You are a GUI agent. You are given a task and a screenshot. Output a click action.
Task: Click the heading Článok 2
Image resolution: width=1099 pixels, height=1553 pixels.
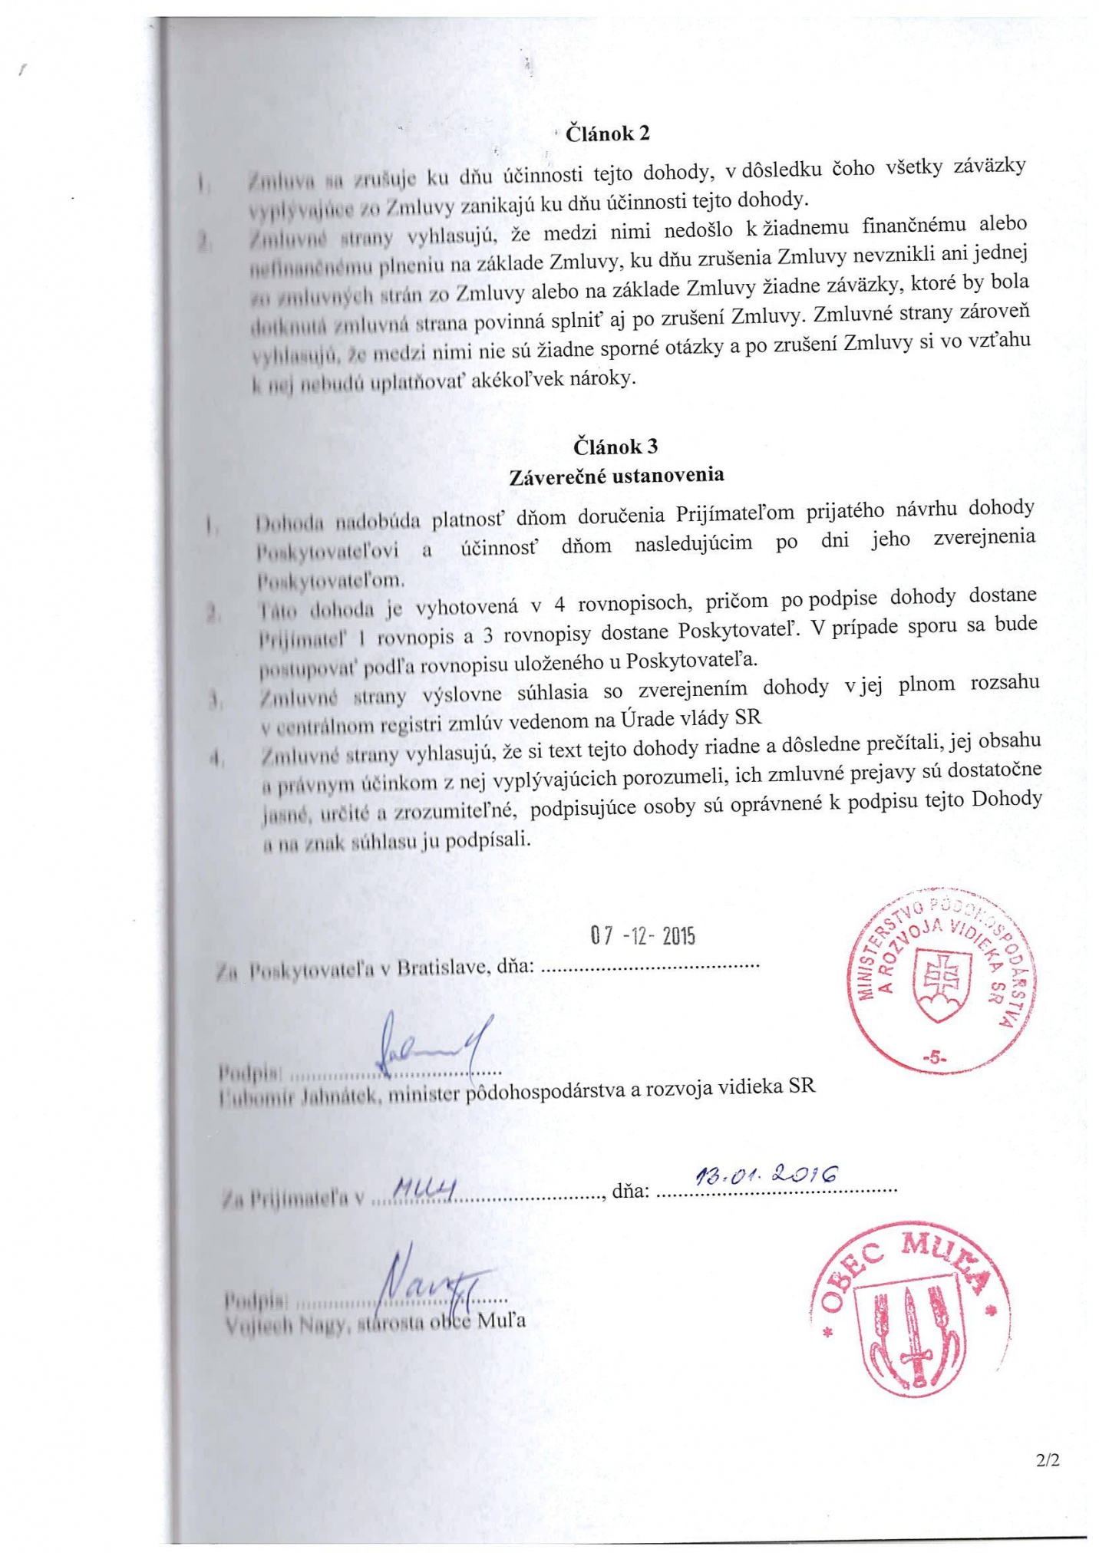click(607, 134)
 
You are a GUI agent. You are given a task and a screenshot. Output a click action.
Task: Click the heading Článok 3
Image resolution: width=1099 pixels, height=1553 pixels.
click(616, 447)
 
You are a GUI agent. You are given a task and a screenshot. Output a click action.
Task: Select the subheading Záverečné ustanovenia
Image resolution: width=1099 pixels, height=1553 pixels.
click(617, 476)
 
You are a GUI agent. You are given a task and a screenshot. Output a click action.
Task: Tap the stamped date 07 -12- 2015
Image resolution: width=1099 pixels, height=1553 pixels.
click(642, 936)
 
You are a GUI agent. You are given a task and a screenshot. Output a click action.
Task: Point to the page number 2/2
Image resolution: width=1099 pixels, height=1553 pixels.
click(1047, 1461)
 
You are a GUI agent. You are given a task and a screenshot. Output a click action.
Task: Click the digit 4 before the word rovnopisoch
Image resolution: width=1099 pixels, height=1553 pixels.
click(559, 605)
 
